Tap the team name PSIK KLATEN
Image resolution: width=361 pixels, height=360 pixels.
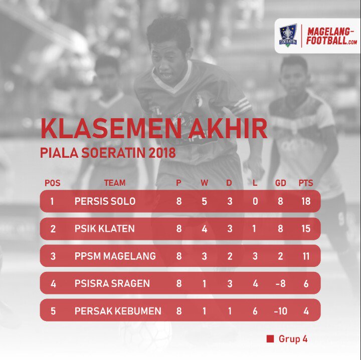[x=104, y=229]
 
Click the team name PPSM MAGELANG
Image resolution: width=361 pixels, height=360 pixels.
[x=115, y=256]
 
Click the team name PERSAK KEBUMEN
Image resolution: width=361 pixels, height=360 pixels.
[x=118, y=311]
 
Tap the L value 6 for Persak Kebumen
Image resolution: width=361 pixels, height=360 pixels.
[x=255, y=311]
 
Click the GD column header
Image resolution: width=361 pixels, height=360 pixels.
[x=280, y=183]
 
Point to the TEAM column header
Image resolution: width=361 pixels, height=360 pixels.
[x=115, y=183]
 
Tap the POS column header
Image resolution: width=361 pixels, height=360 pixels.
[x=53, y=183]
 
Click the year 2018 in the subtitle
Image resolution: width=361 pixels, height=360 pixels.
[x=159, y=152]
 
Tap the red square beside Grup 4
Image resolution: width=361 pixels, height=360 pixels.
[x=270, y=339]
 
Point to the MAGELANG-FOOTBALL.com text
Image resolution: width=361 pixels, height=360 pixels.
[x=332, y=36]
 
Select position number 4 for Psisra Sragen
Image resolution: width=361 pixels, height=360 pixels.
[x=53, y=283]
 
